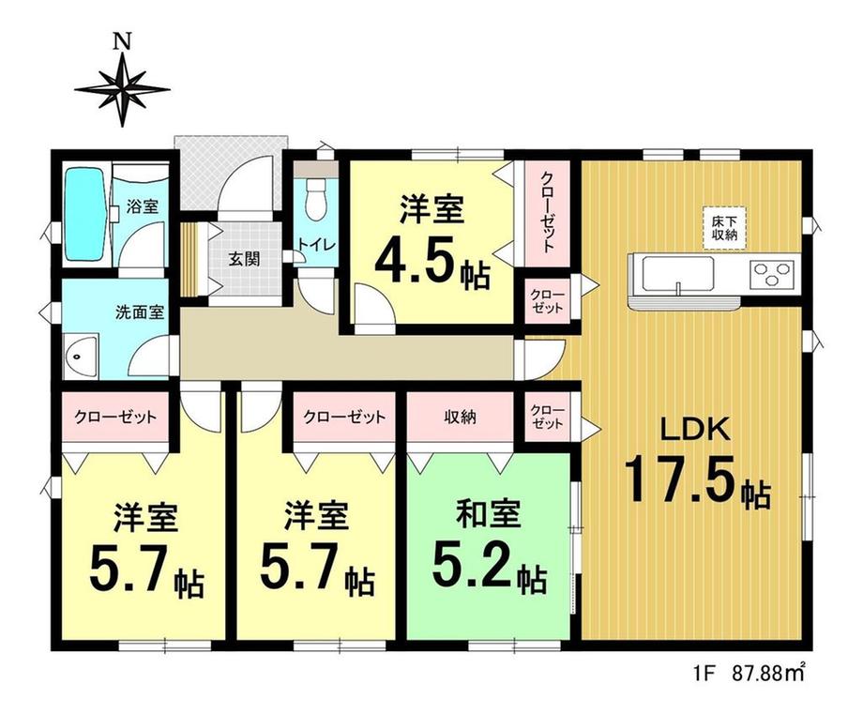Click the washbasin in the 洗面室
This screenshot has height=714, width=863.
click(x=81, y=357)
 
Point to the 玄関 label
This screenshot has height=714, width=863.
click(x=245, y=259)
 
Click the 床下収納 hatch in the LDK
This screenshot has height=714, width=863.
click(x=724, y=228)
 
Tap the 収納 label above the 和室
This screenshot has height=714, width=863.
click(x=461, y=418)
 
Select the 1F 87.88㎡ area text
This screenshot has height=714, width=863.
click(x=749, y=672)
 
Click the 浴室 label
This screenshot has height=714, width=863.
click(x=143, y=207)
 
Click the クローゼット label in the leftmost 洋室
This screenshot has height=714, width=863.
click(x=115, y=417)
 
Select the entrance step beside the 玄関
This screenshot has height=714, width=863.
click(x=189, y=259)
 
